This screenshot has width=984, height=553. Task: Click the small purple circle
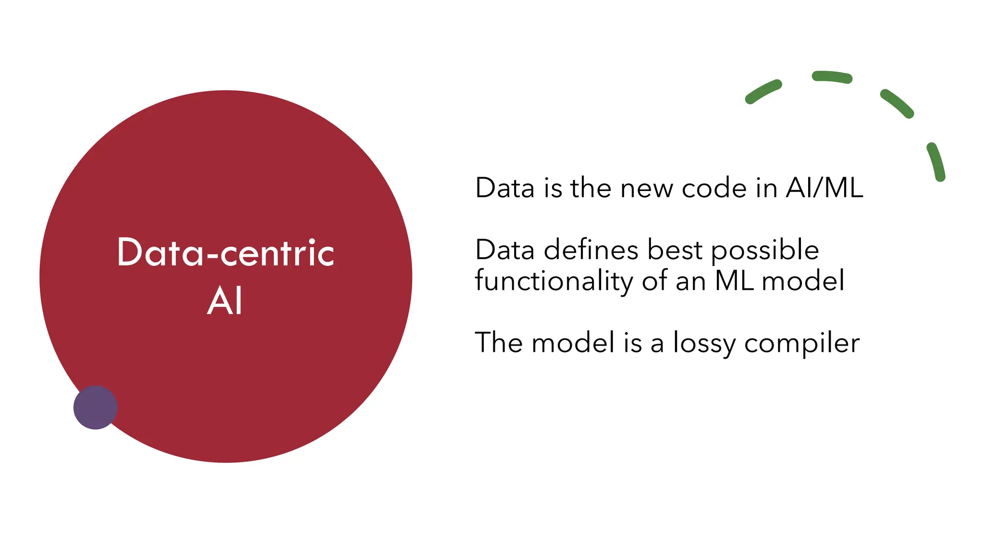[x=95, y=408]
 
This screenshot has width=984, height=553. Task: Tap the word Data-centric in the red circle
[x=225, y=252]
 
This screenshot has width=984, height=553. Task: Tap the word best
[x=675, y=250]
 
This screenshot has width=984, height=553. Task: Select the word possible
[x=765, y=251]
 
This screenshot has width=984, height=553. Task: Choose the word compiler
[x=802, y=344]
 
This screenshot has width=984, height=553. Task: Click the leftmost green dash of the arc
[x=763, y=92]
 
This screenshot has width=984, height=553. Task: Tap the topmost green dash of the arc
[x=832, y=77]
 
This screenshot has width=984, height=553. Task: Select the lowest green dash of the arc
[x=936, y=162]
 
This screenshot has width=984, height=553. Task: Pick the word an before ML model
[x=690, y=281]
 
